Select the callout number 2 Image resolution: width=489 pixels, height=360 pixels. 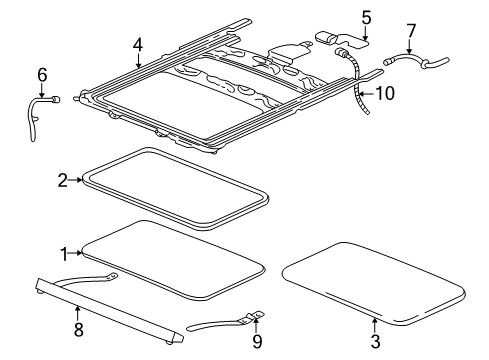pyautogui.click(x=62, y=180)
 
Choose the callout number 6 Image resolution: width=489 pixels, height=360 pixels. pyautogui.click(x=42, y=74)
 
